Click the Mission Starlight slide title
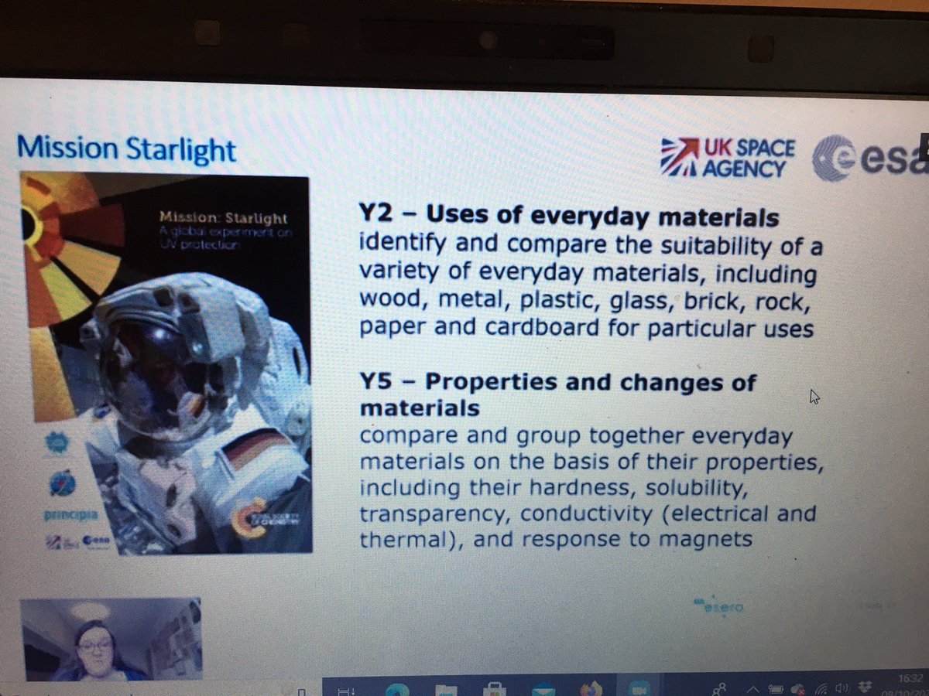pos(126,148)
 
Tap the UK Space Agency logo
pos(728,158)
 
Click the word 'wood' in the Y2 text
pos(391,301)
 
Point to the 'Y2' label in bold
pos(377,218)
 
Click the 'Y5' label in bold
pos(377,382)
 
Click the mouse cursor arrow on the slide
pos(814,397)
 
